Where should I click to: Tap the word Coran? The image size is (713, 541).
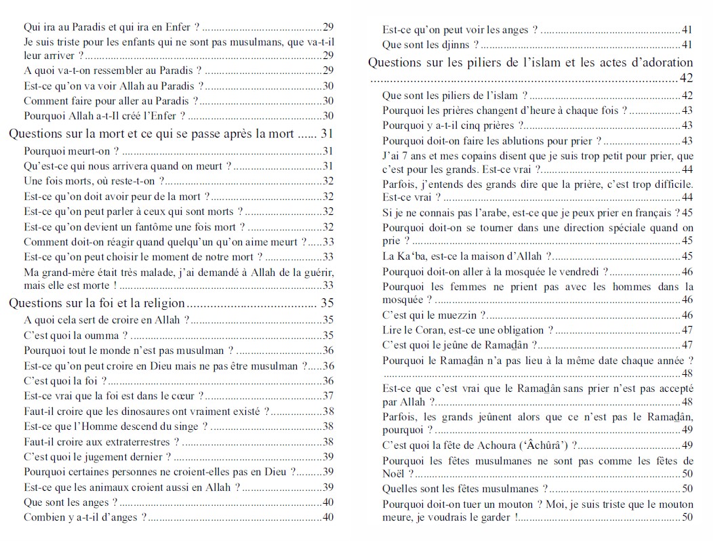[424, 330]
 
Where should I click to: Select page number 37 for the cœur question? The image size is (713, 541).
[328, 396]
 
